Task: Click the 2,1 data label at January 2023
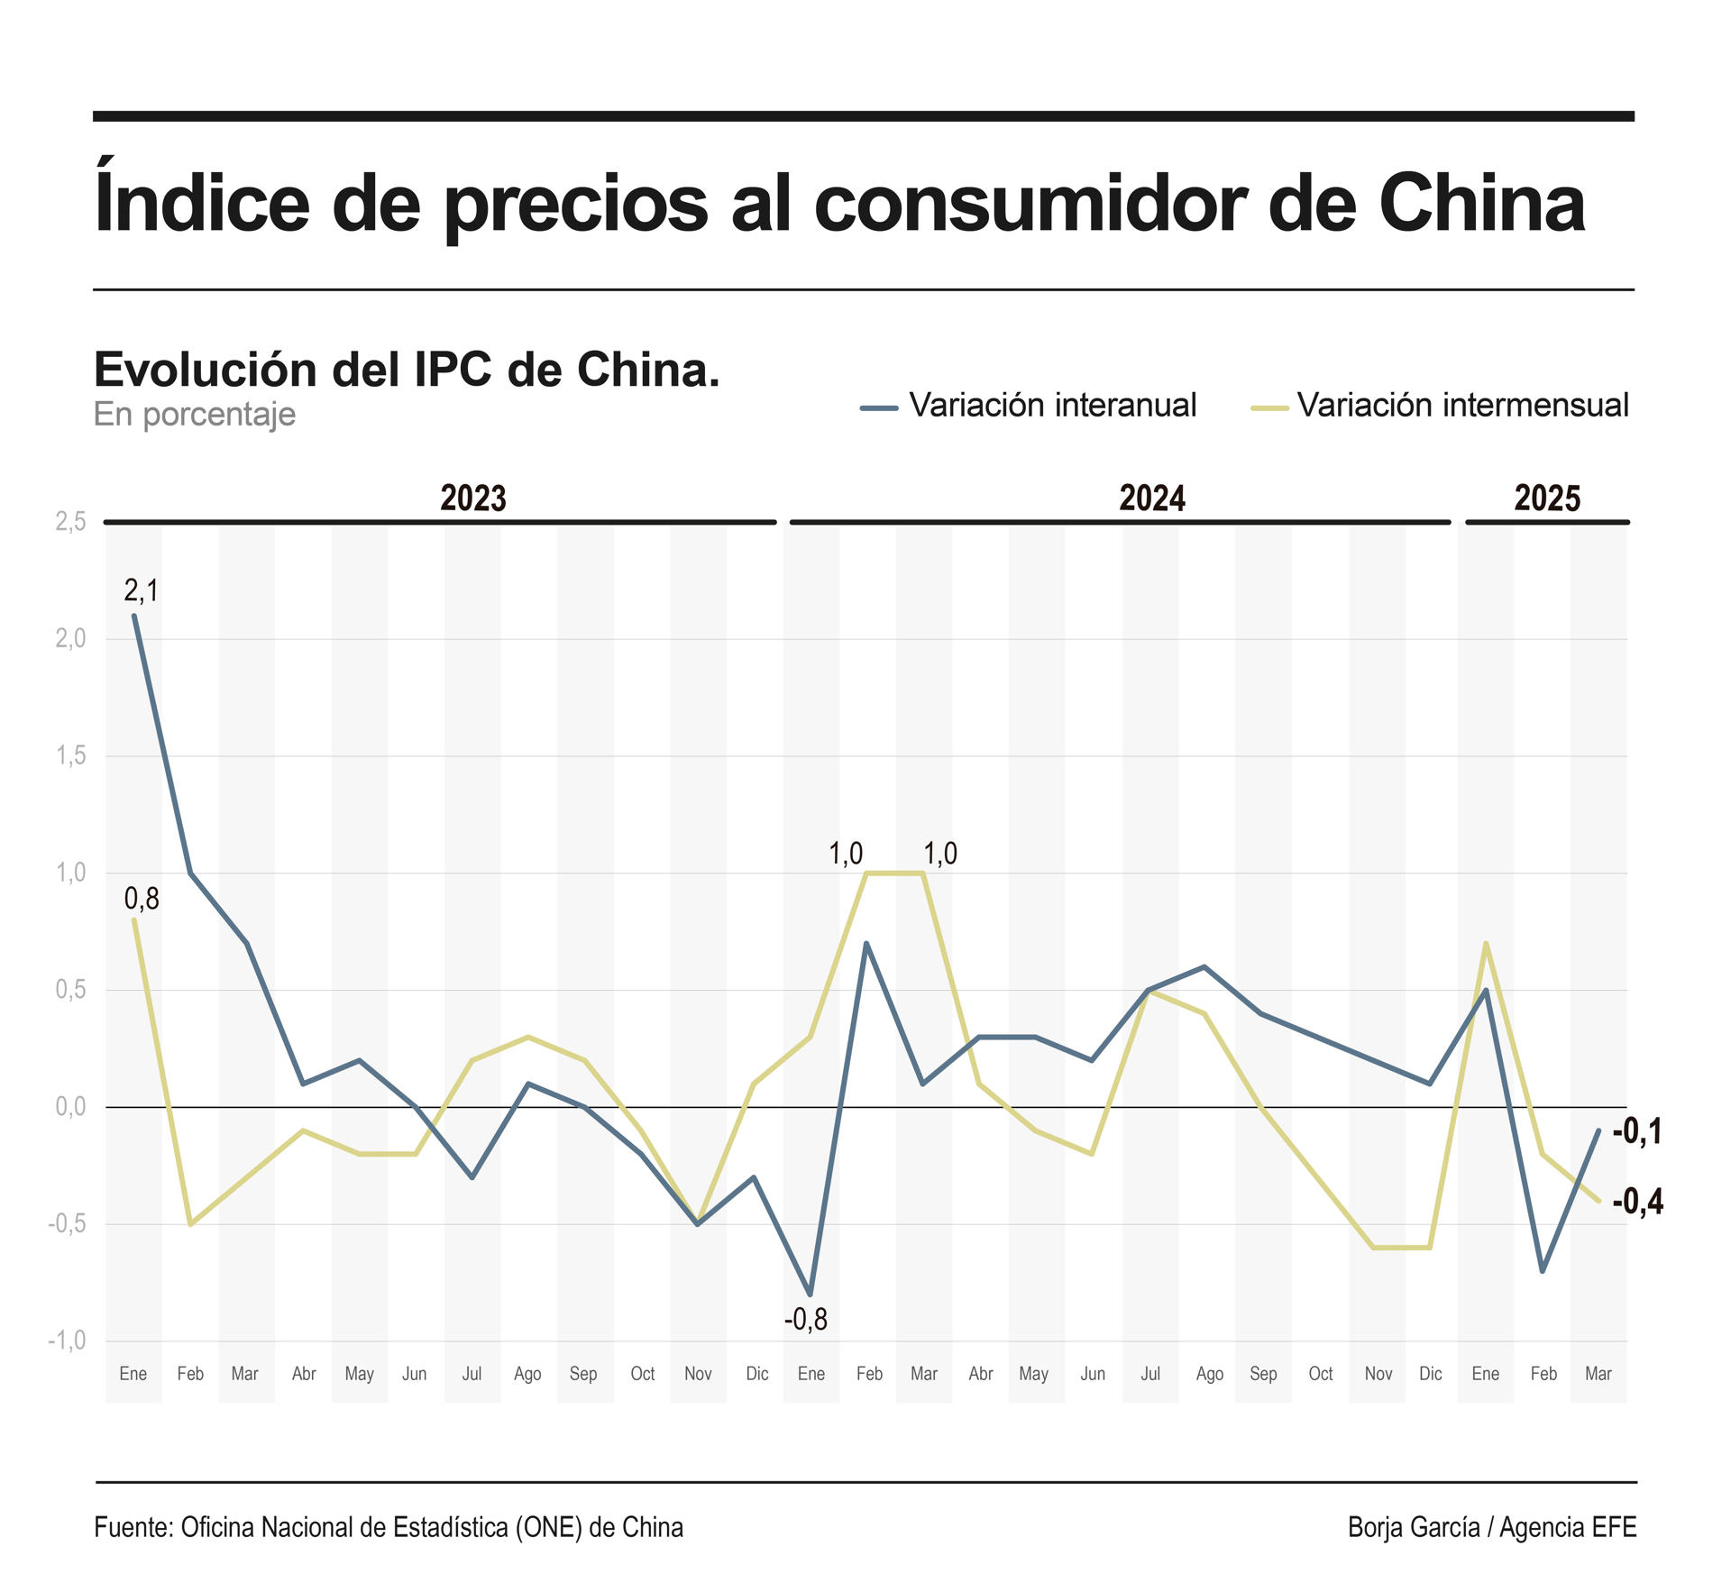click(x=141, y=590)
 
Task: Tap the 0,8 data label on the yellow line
click(x=142, y=898)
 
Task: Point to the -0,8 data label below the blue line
click(x=805, y=1320)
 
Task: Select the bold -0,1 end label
click(x=1637, y=1130)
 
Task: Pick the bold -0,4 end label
click(x=1637, y=1201)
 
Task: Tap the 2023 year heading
click(x=472, y=498)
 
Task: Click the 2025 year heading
click(x=1547, y=498)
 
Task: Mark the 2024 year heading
click(x=1151, y=498)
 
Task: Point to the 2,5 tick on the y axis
click(x=70, y=521)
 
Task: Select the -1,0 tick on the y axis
click(x=67, y=1340)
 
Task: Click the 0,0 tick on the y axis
click(x=70, y=1106)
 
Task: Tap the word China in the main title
click(x=1481, y=204)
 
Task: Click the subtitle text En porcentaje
click(x=195, y=414)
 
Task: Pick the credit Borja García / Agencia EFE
click(x=1491, y=1527)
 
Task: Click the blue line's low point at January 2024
click(x=811, y=1295)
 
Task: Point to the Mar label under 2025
click(x=1598, y=1374)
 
